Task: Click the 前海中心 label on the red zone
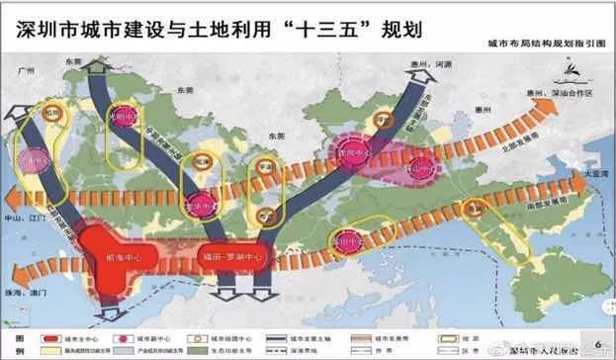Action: point(98,256)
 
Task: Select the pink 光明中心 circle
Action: point(128,111)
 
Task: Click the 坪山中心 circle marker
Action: point(423,168)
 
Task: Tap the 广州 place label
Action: point(28,72)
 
